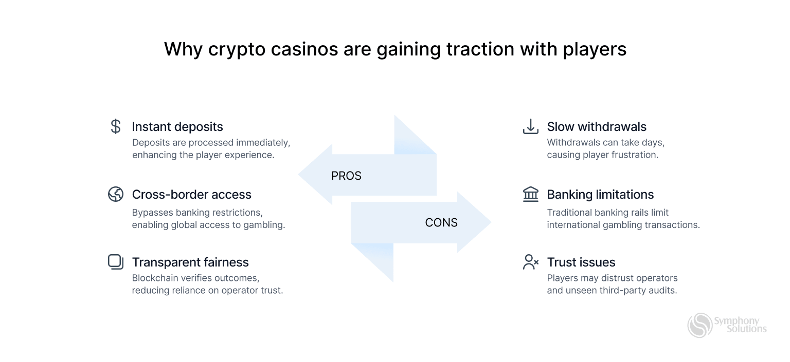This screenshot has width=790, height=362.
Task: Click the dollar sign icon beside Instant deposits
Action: coord(116,126)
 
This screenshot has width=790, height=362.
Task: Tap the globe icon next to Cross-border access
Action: coord(116,194)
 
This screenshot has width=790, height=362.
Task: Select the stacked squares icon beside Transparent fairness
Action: coord(116,262)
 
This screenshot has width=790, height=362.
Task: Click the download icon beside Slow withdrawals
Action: coord(530,126)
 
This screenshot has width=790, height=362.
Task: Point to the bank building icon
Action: coord(530,194)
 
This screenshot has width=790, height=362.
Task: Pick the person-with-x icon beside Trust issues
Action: coord(530,262)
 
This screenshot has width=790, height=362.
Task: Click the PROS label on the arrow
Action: coord(346,176)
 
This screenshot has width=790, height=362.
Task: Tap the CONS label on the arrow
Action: coord(441,223)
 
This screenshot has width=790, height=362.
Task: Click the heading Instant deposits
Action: coord(177,127)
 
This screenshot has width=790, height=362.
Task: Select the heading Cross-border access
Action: coord(191,195)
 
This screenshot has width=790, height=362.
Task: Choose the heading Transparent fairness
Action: coord(190,262)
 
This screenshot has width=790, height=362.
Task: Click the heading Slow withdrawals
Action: coord(597,127)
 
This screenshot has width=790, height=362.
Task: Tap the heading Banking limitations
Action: coord(600,195)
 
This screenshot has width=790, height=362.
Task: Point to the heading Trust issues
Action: coord(581,262)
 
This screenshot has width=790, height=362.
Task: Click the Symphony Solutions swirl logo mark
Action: coord(700,325)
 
